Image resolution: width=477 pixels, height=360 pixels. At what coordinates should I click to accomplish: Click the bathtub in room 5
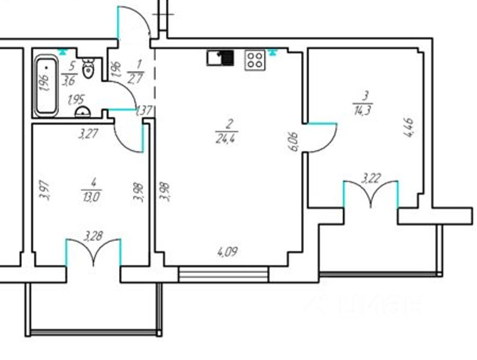[x=46, y=85]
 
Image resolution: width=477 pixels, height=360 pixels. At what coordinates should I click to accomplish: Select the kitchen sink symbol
[x=220, y=58]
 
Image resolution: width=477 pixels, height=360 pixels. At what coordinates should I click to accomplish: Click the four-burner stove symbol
[x=254, y=60]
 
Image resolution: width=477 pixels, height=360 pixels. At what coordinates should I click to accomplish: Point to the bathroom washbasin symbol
[x=82, y=112]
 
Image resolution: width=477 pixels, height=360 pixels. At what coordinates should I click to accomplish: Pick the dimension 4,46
[x=410, y=128]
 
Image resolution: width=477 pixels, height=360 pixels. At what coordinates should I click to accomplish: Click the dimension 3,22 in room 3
[x=371, y=178]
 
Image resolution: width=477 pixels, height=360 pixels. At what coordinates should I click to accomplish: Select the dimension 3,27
[x=88, y=134]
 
